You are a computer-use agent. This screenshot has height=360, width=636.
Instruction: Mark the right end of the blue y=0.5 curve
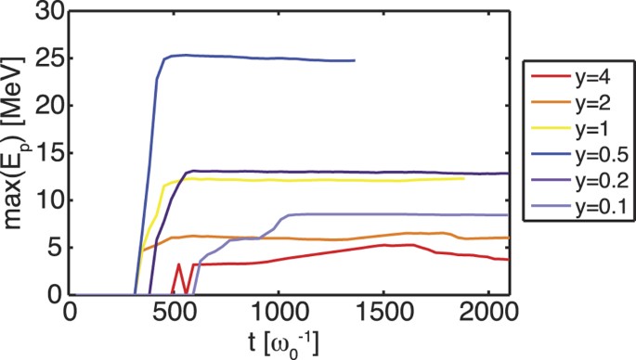[354, 60]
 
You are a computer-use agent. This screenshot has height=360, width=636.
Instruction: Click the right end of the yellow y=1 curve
[463, 178]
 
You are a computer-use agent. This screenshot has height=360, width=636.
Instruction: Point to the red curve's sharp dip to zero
[187, 293]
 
